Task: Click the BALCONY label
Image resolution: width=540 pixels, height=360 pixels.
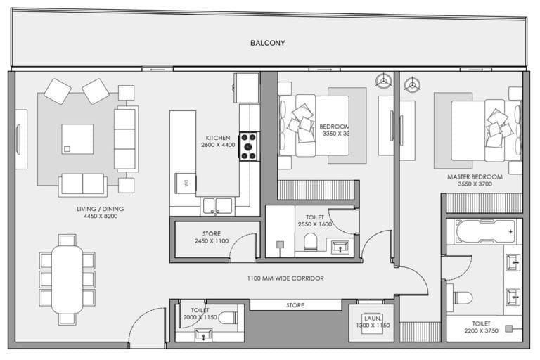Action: [268, 43]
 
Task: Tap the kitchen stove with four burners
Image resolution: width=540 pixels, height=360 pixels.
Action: [248, 146]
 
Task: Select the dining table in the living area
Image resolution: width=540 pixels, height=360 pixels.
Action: [67, 278]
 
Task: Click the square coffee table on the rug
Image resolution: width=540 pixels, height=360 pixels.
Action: [77, 139]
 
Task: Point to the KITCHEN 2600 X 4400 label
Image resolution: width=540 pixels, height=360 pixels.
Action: [218, 141]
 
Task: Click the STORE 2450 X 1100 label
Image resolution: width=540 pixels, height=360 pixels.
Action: [212, 237]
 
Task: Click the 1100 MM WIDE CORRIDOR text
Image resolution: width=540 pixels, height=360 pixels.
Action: [285, 278]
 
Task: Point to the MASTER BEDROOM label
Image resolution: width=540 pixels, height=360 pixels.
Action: [475, 181]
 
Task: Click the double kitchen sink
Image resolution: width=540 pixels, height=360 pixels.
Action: [217, 205]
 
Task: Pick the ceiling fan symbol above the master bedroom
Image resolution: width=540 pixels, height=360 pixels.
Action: [410, 84]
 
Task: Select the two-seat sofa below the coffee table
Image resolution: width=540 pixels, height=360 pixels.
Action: [83, 184]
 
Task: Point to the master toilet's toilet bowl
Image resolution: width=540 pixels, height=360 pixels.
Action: [462, 297]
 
